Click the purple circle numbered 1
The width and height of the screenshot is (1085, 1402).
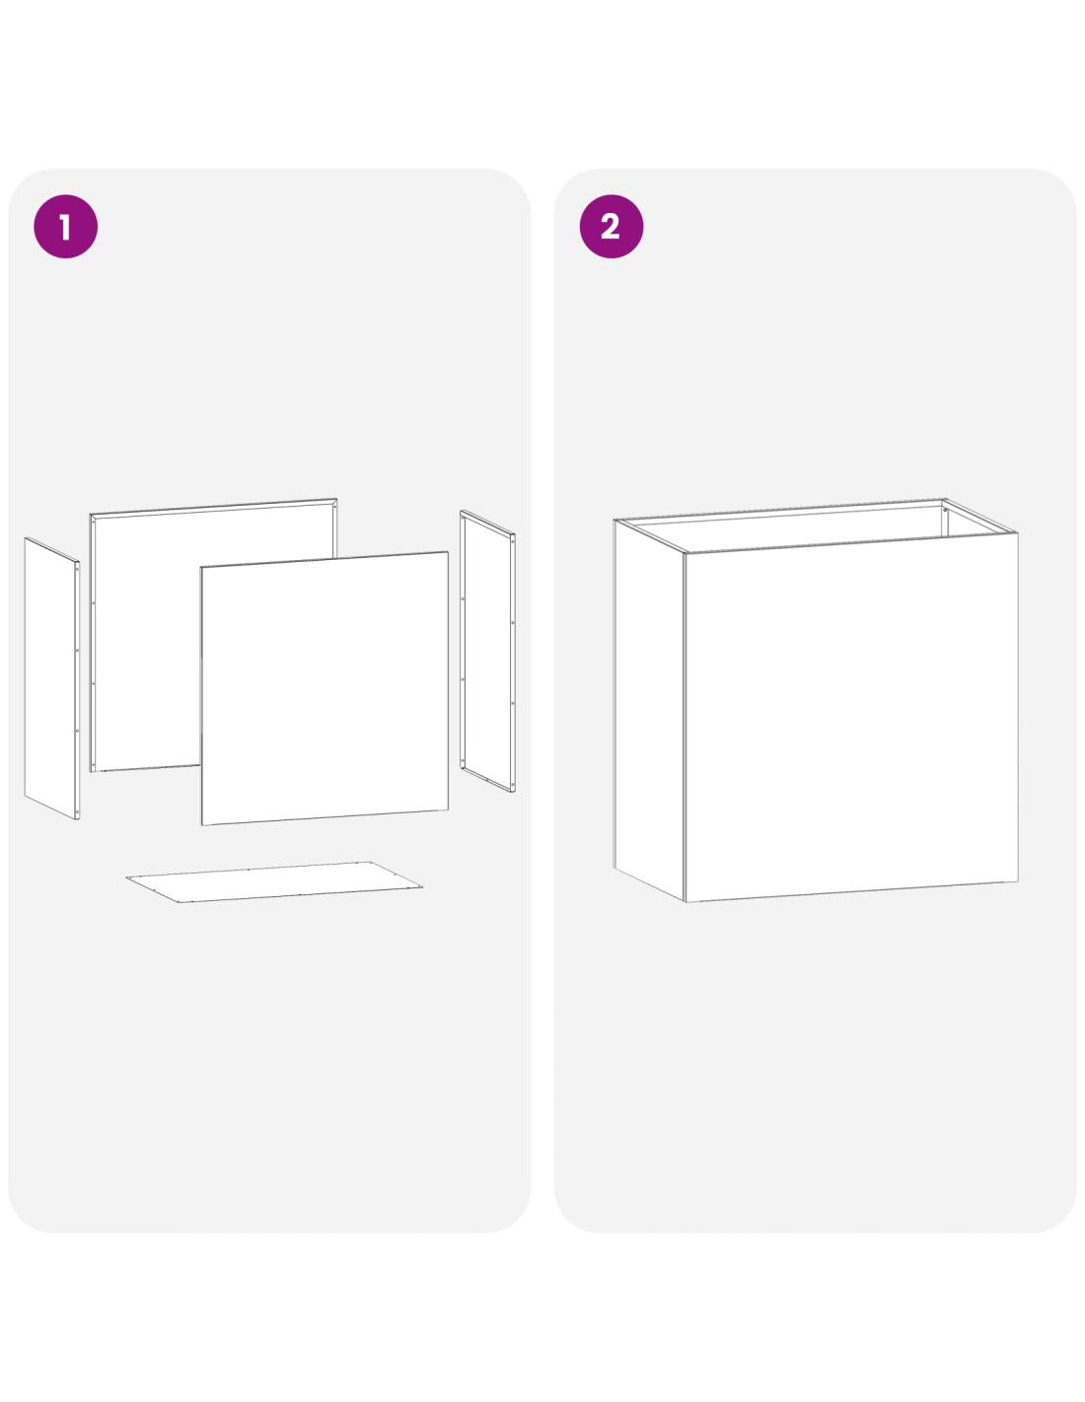point(65,227)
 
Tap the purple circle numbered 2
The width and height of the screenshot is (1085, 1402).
point(611,227)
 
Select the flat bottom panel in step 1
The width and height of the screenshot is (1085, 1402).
point(274,881)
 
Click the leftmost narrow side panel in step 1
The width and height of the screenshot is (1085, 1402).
point(51,678)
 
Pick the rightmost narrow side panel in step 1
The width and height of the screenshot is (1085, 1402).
point(487,651)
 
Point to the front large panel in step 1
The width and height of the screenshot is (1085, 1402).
point(325,688)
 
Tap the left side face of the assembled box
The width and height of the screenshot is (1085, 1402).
point(649,710)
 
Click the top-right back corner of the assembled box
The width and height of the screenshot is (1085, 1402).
point(944,500)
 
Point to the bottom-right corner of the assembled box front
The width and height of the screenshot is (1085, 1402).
point(1018,880)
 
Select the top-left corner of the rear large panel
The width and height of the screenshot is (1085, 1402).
point(91,515)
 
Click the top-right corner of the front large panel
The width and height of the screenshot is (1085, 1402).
point(448,552)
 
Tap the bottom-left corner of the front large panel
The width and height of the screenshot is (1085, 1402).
point(202,825)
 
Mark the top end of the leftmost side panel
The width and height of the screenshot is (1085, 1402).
point(26,537)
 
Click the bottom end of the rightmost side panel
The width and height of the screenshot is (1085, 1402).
point(514,792)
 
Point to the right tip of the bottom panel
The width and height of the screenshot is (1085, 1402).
point(423,887)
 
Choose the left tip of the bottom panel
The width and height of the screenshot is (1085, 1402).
point(126,877)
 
